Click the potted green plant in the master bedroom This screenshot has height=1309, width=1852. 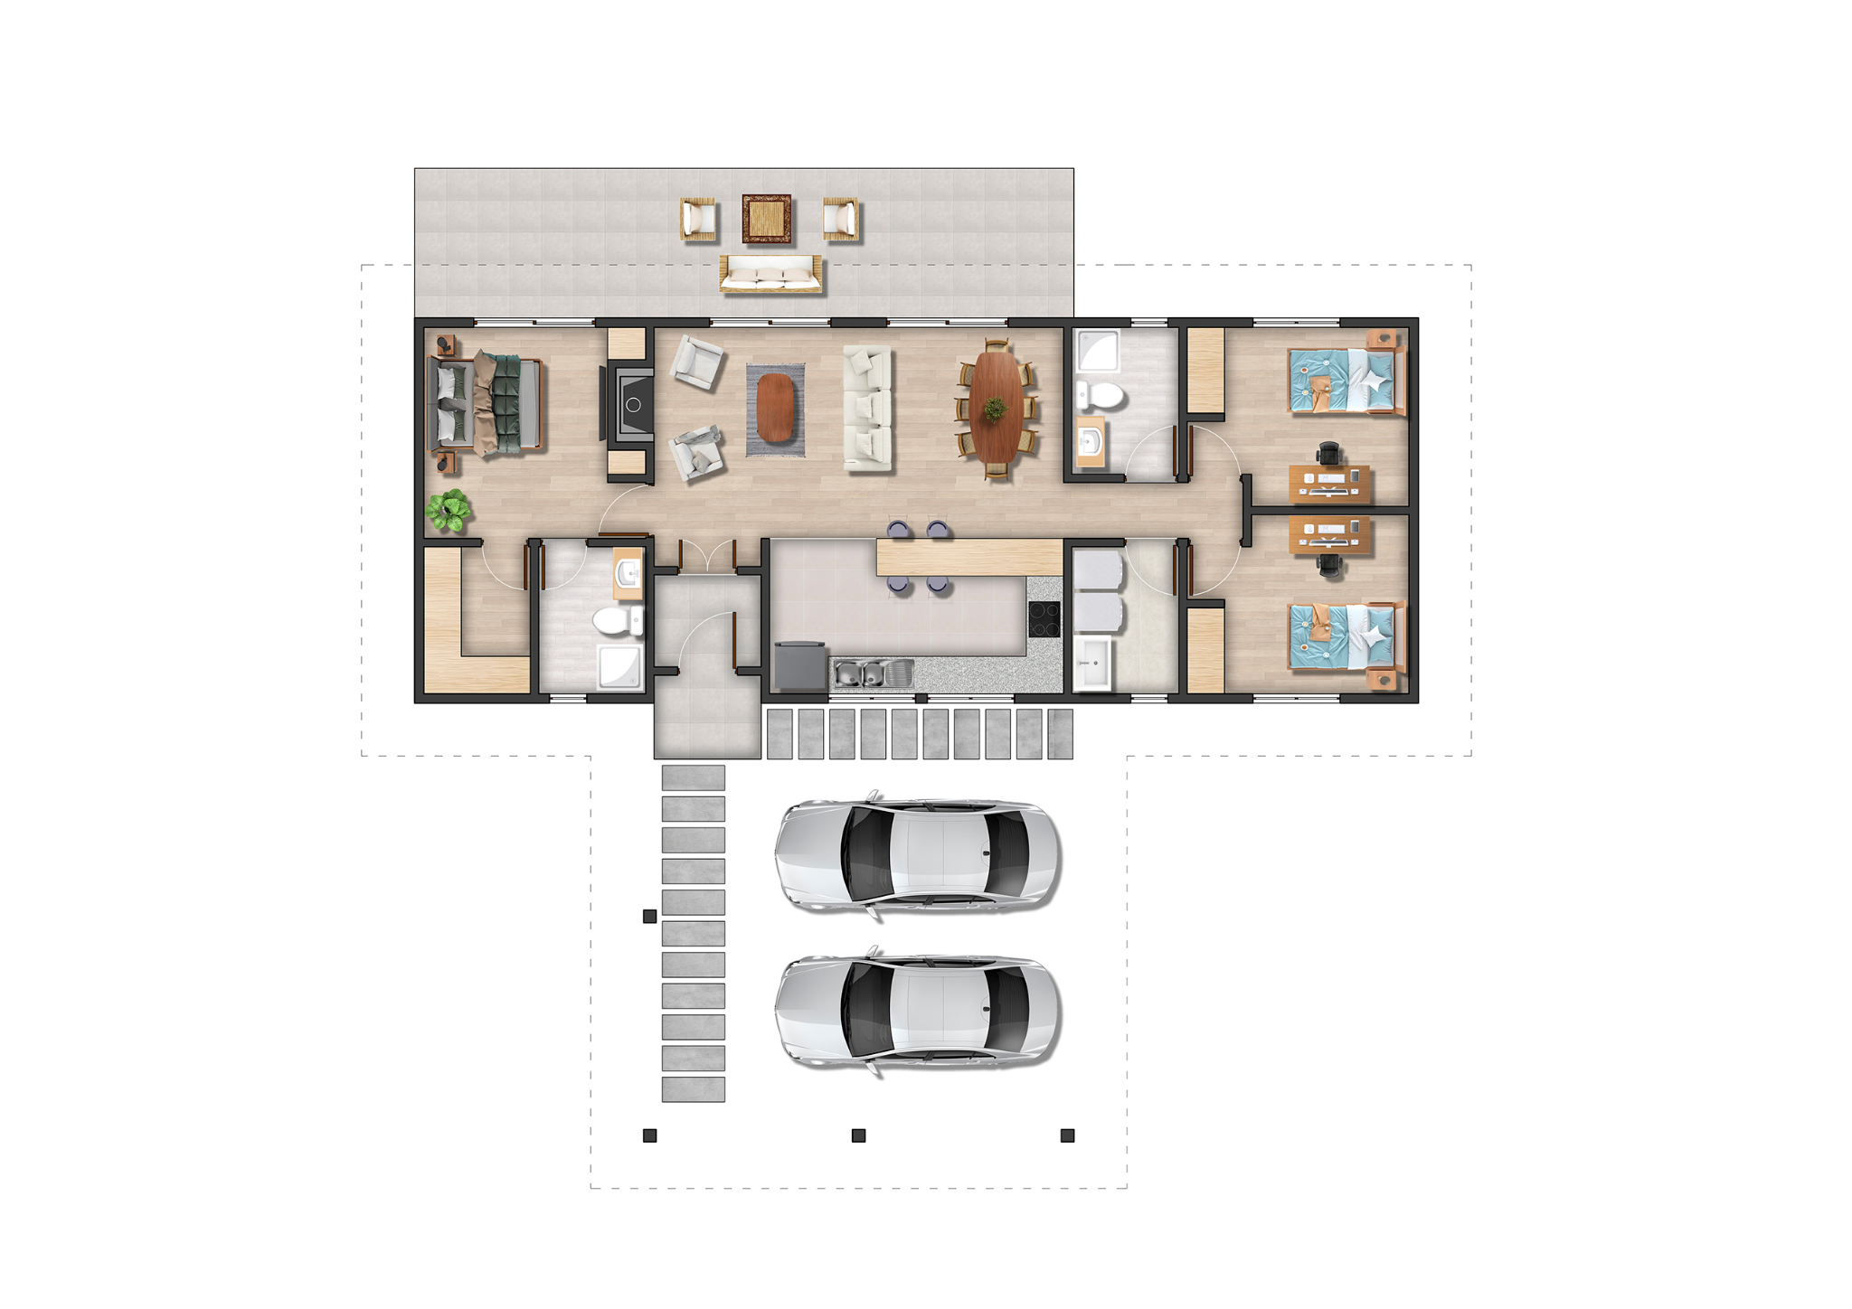tap(449, 511)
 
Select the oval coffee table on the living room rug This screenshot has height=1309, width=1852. tap(775, 408)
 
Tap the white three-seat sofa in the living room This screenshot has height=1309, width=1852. tap(867, 408)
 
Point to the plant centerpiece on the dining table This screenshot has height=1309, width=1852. tap(995, 409)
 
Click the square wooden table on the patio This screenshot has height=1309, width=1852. tap(767, 219)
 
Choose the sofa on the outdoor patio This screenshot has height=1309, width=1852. tap(770, 273)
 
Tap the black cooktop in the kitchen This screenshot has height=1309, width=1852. tap(1044, 619)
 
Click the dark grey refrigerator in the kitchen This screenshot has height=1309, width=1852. tap(800, 666)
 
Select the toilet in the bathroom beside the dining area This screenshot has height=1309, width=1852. tap(1100, 395)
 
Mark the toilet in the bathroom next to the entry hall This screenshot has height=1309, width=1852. tap(617, 621)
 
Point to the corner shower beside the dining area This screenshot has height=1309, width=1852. tap(1097, 350)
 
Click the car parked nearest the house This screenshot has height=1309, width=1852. tap(917, 854)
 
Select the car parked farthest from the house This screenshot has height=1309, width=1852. tap(917, 1012)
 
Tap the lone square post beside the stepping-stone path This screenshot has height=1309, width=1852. tap(649, 917)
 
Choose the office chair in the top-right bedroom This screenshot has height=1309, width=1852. tap(1328, 452)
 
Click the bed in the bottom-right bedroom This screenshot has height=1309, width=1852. tap(1346, 637)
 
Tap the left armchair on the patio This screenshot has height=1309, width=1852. tap(698, 220)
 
